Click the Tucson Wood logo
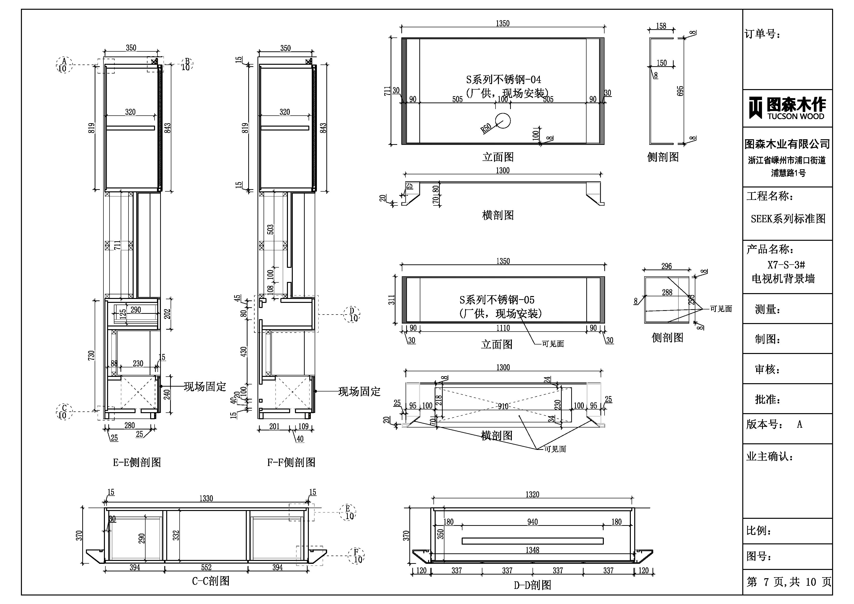point(787,108)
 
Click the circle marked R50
point(503,120)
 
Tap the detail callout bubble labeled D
point(352,315)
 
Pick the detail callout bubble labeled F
point(356,556)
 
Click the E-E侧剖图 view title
point(137,462)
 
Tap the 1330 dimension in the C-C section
point(206,498)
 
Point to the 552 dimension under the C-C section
point(206,567)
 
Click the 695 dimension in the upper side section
point(680,91)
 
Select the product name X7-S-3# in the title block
point(786,265)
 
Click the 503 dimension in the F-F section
point(270,229)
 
